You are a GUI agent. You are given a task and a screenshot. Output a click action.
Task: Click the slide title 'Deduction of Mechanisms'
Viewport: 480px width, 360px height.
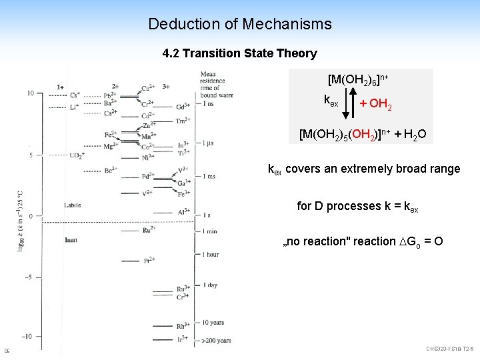239,25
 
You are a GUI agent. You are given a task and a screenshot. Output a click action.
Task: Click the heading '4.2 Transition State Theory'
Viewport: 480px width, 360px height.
239,53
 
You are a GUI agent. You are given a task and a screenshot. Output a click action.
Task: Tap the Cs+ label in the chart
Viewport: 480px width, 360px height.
74,95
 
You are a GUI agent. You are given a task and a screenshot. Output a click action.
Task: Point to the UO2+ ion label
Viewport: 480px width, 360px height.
77,155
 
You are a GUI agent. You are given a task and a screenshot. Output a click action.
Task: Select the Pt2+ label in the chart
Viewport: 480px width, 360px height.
151,260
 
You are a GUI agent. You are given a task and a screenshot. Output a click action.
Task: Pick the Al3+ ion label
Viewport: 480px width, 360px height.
184,213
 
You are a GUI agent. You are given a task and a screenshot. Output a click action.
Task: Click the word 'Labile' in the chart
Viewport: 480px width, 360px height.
73,205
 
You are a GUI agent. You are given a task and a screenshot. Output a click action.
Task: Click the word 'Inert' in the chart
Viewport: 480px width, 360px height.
71,239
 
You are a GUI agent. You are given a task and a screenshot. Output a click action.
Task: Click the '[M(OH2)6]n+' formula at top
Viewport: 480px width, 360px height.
358,79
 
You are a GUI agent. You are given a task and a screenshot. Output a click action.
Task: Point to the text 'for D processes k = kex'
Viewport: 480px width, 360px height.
357,207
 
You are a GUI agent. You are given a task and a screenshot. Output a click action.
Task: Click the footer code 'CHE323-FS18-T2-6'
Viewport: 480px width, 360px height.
449,349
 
